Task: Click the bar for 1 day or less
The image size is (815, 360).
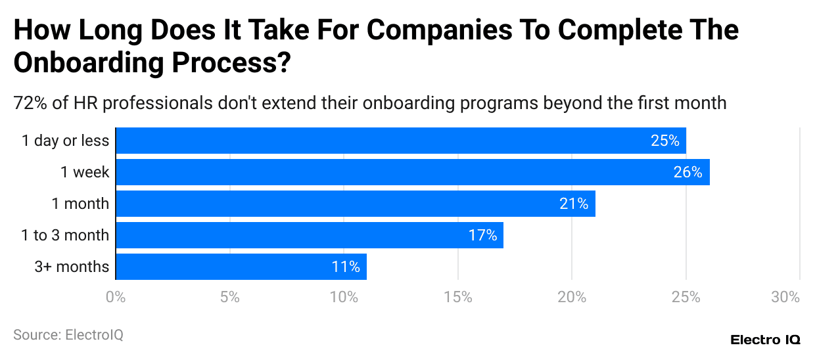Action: point(400,141)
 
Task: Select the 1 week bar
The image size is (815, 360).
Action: point(412,172)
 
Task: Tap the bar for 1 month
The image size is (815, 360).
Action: point(355,204)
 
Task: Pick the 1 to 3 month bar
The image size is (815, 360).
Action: point(309,235)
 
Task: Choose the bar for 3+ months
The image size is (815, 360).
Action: point(241,267)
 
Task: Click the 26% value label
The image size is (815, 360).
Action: point(688,172)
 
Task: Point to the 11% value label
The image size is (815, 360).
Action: point(346,267)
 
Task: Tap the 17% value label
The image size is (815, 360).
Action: point(482,235)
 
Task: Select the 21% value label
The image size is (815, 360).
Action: point(574,204)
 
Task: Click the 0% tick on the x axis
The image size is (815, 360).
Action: point(116,297)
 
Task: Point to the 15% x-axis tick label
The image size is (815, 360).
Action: point(458,297)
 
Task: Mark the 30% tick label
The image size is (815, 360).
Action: point(785,297)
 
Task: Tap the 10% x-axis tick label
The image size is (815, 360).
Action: point(344,297)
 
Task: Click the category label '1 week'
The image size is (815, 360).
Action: point(85,172)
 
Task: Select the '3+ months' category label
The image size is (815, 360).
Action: point(72,267)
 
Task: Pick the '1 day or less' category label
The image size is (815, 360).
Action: point(65,141)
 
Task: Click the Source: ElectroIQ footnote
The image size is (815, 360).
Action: point(68,335)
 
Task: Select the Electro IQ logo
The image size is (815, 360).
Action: point(765,340)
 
